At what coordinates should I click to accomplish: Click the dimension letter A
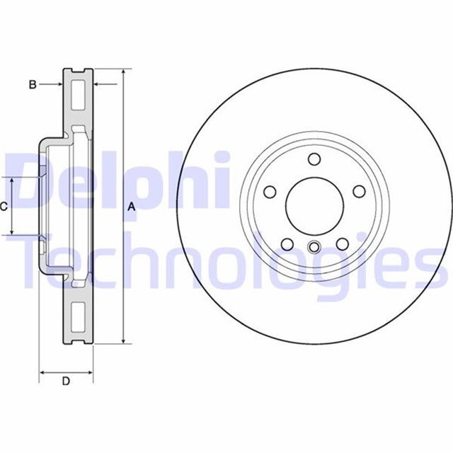tap(131, 207)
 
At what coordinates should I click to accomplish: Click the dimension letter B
tap(32, 85)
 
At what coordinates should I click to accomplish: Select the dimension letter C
tap(4, 207)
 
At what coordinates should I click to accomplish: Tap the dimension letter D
tap(66, 382)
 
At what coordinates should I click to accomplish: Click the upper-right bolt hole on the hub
tap(359, 191)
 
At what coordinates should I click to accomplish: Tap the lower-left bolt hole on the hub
tap(287, 243)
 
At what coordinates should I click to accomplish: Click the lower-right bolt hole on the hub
tap(343, 243)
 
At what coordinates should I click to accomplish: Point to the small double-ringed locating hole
tap(315, 248)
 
